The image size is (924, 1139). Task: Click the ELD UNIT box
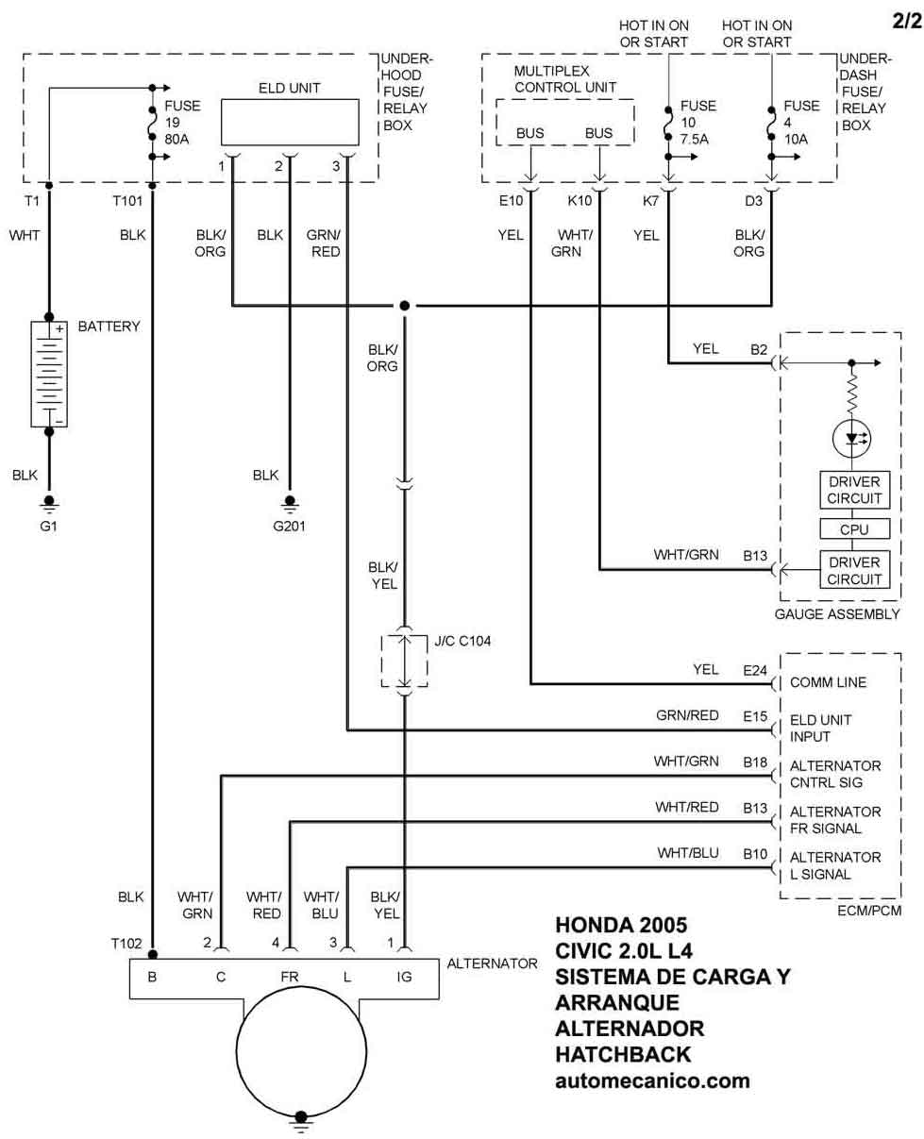click(x=289, y=119)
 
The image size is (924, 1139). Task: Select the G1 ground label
click(x=49, y=525)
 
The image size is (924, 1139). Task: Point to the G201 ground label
click(x=291, y=525)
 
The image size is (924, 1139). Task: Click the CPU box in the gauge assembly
click(x=852, y=529)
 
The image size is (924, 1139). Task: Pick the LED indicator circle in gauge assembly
click(x=852, y=438)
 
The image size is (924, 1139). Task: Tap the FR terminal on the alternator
click(x=289, y=978)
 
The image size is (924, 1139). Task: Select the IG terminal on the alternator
click(x=405, y=978)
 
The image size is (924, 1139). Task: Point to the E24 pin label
click(x=755, y=670)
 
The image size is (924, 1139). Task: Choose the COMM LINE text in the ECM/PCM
click(x=828, y=682)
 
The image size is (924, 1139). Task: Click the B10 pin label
click(x=755, y=854)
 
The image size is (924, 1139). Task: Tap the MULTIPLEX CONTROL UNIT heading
click(x=565, y=79)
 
